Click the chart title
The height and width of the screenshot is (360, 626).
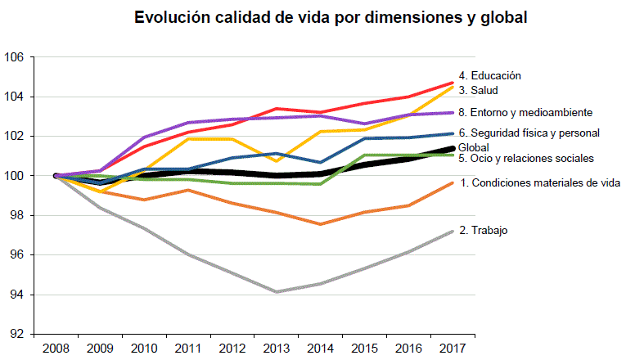(x=331, y=16)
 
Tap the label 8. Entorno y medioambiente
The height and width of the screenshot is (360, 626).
(x=525, y=112)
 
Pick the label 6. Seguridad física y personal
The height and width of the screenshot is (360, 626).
(x=529, y=133)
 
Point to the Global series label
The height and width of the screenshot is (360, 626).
(x=474, y=147)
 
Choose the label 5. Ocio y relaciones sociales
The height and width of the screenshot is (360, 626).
(x=525, y=158)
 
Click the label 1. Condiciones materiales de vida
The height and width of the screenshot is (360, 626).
(x=540, y=183)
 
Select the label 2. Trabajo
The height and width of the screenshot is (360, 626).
(x=484, y=231)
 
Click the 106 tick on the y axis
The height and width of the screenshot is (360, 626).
(x=15, y=57)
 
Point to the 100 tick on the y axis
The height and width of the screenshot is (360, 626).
(x=15, y=176)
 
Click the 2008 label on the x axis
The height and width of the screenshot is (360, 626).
(x=55, y=349)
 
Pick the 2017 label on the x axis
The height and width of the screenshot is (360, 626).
(x=453, y=349)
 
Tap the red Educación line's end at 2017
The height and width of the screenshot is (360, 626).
(x=453, y=83)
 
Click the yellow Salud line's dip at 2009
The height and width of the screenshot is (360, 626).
(x=100, y=191)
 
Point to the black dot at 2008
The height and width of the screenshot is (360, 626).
(x=56, y=176)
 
